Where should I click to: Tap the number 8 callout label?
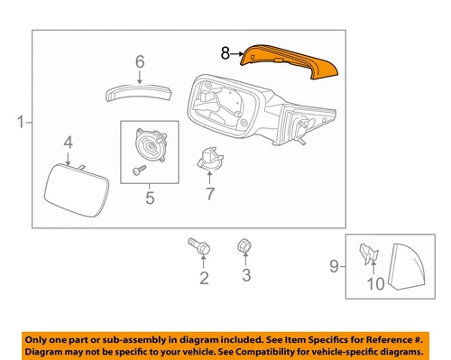click(225, 54)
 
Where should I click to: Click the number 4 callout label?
click(68, 142)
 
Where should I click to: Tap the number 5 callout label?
click(149, 197)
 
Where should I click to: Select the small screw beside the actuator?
click(138, 169)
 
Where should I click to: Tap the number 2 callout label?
click(204, 278)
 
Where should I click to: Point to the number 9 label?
click(333, 265)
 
